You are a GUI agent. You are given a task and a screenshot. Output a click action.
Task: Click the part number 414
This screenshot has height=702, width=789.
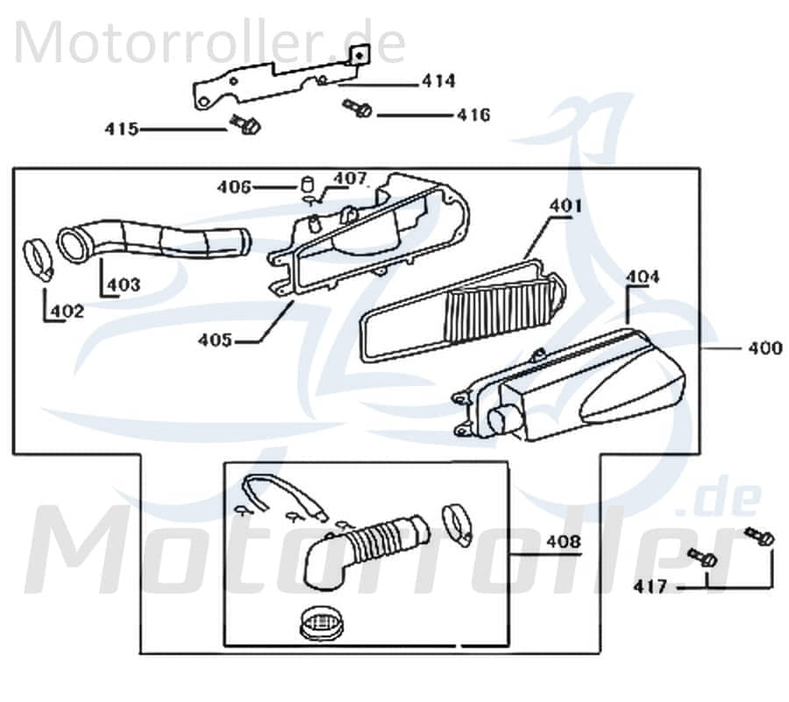tap(437, 82)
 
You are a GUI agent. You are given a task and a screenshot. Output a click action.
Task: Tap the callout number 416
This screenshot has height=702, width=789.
tap(473, 115)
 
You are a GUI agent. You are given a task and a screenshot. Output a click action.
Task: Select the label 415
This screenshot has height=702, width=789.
tap(121, 129)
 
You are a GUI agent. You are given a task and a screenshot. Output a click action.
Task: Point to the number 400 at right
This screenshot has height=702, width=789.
tap(764, 348)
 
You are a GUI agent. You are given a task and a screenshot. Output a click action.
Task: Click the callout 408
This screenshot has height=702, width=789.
tap(562, 542)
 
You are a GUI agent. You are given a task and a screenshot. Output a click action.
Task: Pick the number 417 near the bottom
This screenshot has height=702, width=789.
tap(650, 586)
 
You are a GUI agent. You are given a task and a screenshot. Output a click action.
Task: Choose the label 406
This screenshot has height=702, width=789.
tap(233, 187)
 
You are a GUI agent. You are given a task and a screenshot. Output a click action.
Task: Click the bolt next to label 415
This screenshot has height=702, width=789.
tap(245, 125)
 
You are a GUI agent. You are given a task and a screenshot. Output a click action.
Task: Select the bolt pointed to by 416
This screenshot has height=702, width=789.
tap(358, 109)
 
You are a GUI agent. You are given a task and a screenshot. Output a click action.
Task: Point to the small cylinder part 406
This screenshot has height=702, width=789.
tap(308, 184)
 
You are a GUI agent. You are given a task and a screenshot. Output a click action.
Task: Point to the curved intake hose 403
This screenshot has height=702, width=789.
tap(158, 237)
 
